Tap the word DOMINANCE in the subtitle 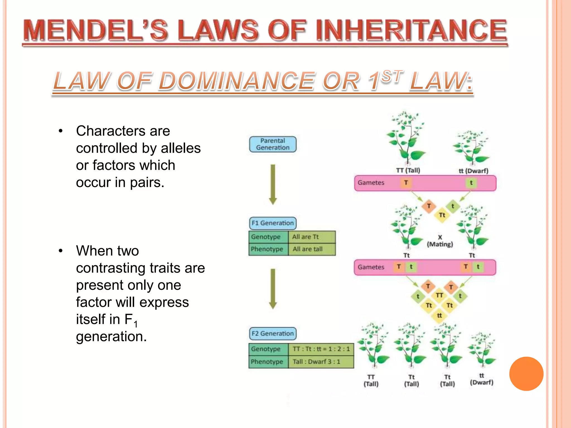click(x=237, y=81)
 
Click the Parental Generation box click(x=273, y=144)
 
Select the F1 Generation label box click(x=272, y=223)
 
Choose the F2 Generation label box click(x=272, y=334)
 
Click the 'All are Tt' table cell click(x=311, y=237)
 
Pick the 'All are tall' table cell click(x=311, y=249)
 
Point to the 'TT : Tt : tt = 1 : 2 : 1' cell click(x=321, y=349)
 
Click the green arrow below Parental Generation click(x=273, y=184)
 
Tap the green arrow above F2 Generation click(x=273, y=289)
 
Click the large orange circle click(x=526, y=374)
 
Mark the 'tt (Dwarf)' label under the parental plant click(x=473, y=171)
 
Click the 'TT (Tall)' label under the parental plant click(x=408, y=170)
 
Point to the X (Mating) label click(x=440, y=241)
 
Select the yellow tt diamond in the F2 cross click(x=439, y=315)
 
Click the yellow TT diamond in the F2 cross click(x=439, y=295)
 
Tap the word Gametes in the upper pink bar click(x=371, y=183)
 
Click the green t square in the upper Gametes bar click(x=471, y=183)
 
